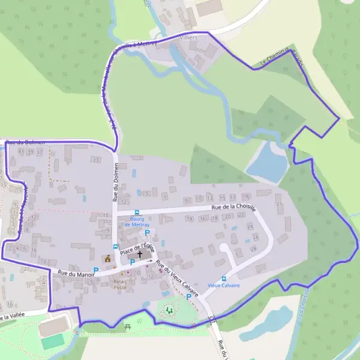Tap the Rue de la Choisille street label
coord(233,208)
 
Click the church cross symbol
coord(140,254)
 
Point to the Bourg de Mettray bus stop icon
coord(136,212)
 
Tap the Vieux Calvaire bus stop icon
coord(224,278)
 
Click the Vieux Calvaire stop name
coord(224,286)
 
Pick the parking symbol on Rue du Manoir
coord(95,271)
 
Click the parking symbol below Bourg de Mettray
coord(147,232)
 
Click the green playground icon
coord(169,310)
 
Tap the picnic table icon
coord(128,326)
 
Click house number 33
coord(96,160)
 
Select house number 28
coord(253,248)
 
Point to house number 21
coord(279,205)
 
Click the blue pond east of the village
coord(267,163)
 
